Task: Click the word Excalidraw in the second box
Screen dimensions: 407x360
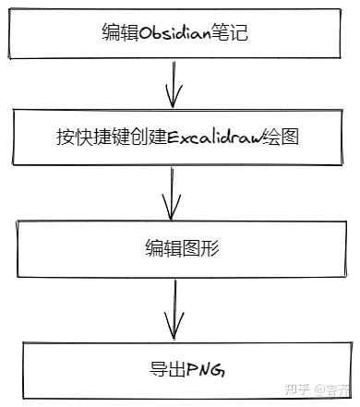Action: tap(215, 138)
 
